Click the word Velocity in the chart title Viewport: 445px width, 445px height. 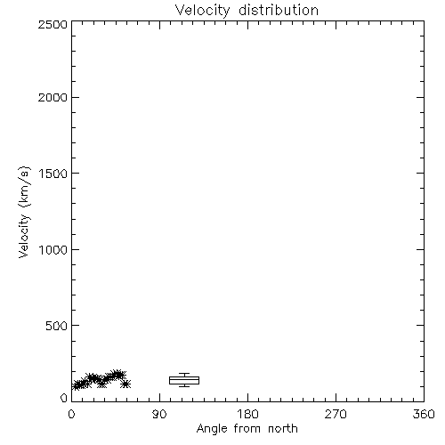coord(202,11)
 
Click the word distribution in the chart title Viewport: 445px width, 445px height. coord(279,10)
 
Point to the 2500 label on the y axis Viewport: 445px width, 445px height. coord(53,25)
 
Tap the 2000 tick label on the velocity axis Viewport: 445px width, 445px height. coord(53,97)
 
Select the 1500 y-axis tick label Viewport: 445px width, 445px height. coord(53,174)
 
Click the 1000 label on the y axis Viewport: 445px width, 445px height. coord(53,250)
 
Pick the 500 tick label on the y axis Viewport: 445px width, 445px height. coord(57,326)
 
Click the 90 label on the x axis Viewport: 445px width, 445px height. coord(159,414)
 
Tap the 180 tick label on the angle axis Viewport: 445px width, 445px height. coord(247,414)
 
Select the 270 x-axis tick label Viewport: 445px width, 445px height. coord(336,414)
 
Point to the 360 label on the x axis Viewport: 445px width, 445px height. coord(424,414)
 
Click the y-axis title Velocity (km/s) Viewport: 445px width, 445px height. coord(24,212)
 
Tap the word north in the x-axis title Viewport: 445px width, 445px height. coord(283,429)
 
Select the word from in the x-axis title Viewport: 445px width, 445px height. coord(247,429)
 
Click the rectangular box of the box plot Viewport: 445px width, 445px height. coord(184,376)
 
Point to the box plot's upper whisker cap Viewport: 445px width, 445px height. coord(184,374)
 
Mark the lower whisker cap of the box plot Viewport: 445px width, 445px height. coord(184,386)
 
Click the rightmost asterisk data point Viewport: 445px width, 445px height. coord(125,384)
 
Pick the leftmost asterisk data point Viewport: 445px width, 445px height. coord(77,385)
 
